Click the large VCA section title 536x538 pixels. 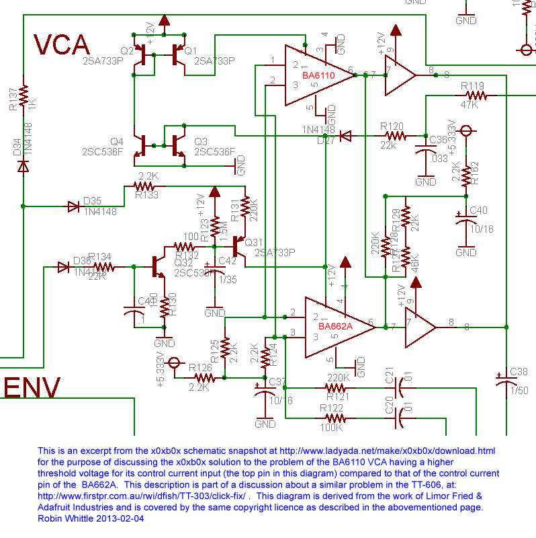pyautogui.click(x=62, y=44)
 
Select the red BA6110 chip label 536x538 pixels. pyautogui.click(x=318, y=76)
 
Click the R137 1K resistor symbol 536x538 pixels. pyautogui.click(x=24, y=96)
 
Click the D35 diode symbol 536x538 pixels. pyautogui.click(x=73, y=206)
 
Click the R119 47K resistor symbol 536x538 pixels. pyautogui.click(x=472, y=95)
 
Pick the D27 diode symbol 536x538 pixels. pyautogui.click(x=345, y=136)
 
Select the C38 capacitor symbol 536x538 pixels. pyautogui.click(x=505, y=379)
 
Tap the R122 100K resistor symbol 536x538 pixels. pyautogui.click(x=334, y=417)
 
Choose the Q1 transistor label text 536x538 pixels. pyautogui.click(x=191, y=51)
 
